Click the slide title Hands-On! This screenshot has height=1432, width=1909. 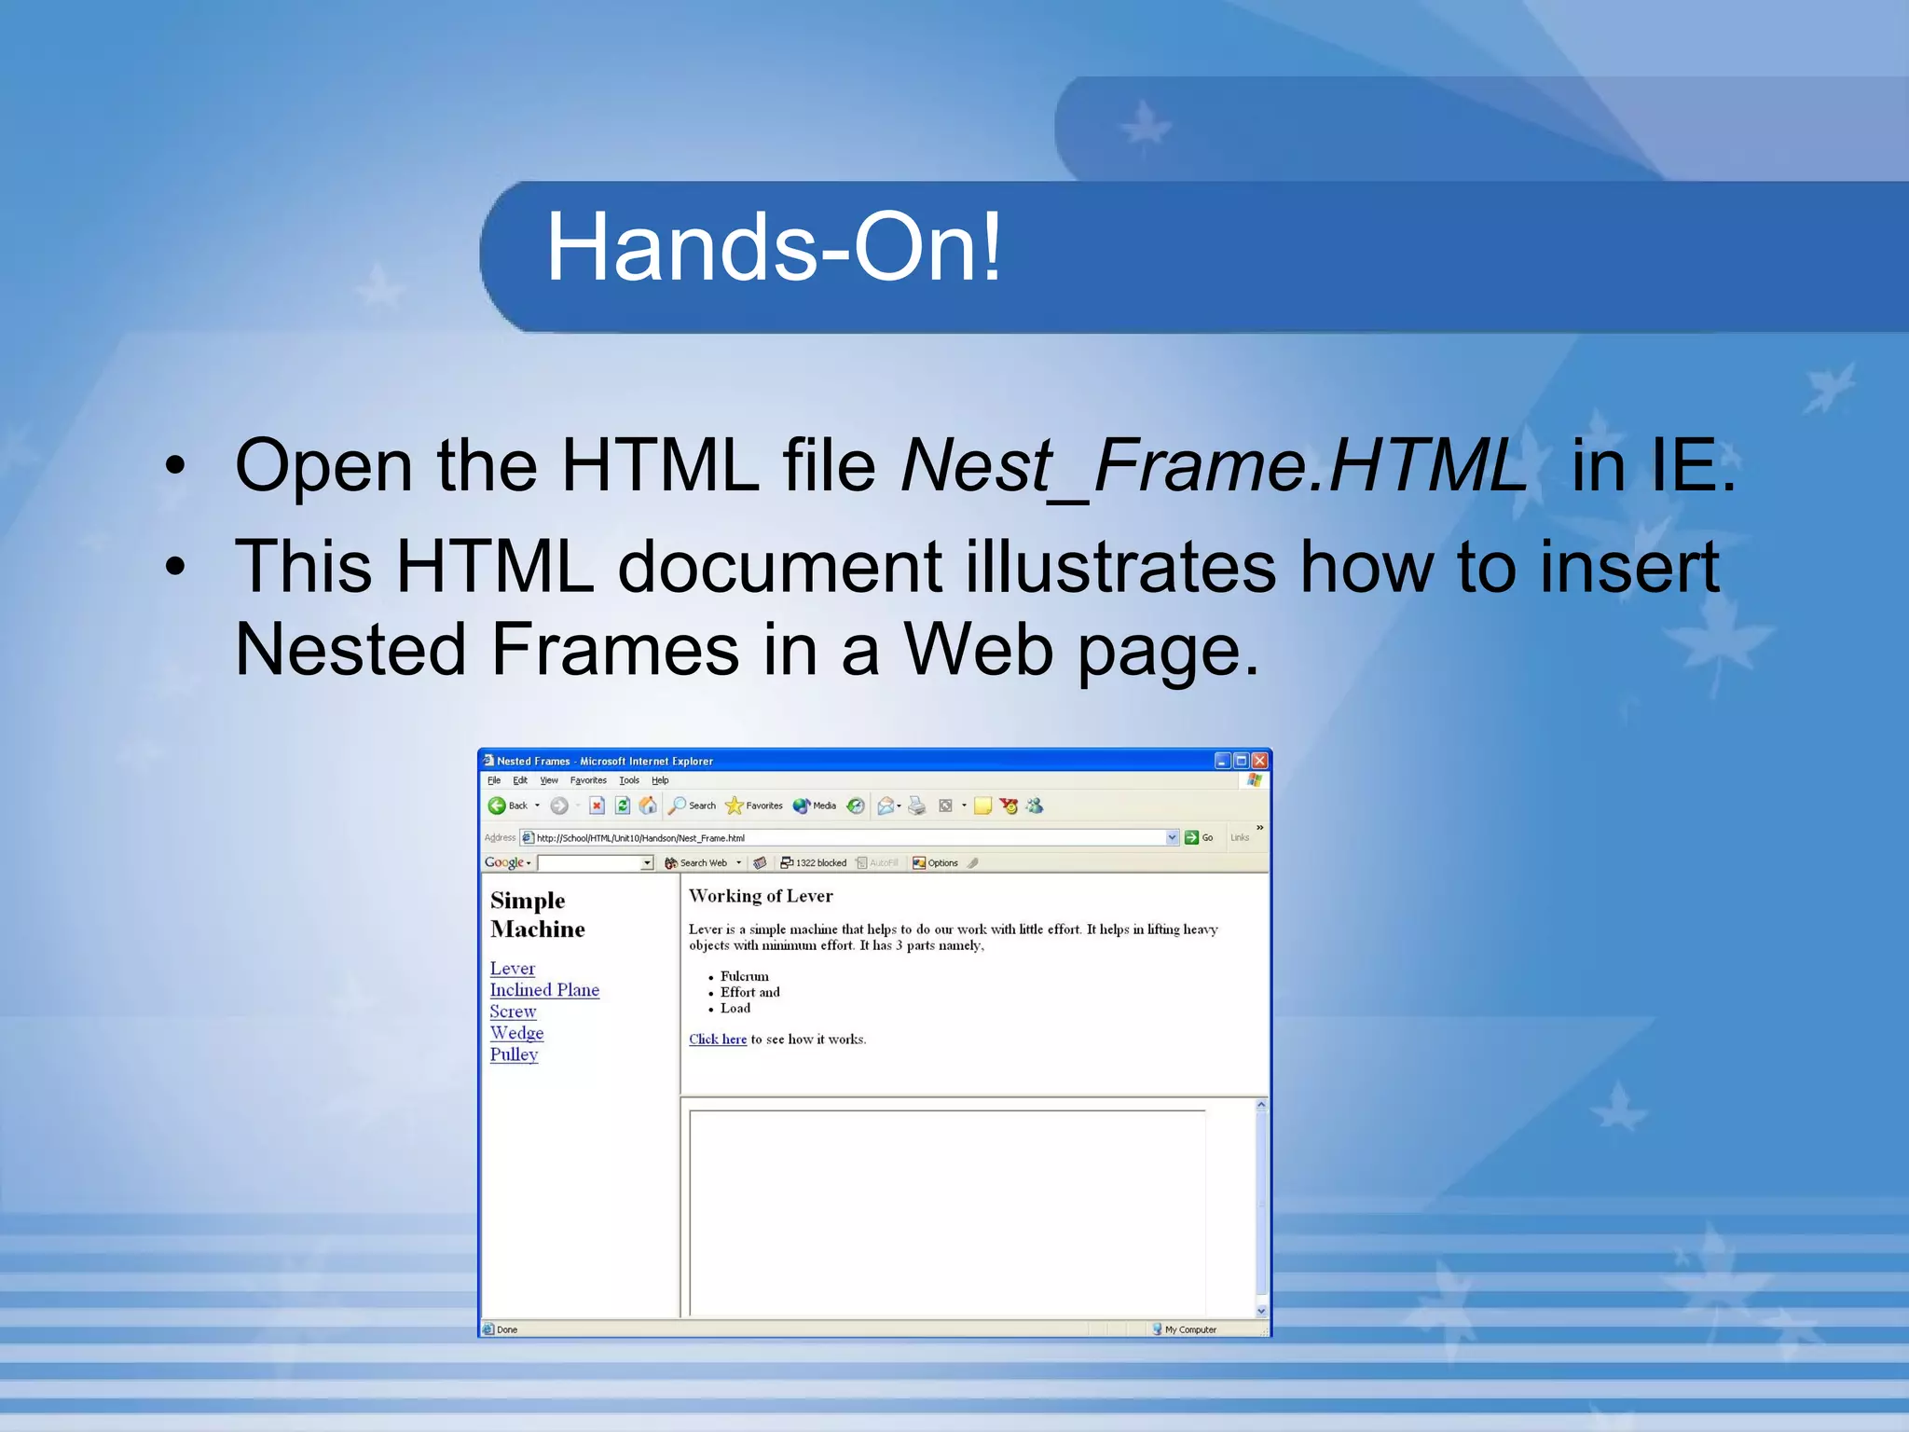coord(773,248)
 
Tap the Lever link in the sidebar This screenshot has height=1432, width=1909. coord(512,969)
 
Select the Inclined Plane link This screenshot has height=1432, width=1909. coord(544,990)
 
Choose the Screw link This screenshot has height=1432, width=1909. coord(513,1012)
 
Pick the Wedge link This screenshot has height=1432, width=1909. coord(516,1033)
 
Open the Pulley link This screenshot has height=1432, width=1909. coord(514,1054)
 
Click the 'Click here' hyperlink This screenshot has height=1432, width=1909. coord(717,1040)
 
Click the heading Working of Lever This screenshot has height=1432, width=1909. coord(761,896)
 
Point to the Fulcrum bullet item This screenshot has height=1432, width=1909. coord(744,976)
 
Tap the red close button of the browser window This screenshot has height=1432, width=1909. coord(1259,761)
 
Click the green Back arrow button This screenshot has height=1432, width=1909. coord(497,805)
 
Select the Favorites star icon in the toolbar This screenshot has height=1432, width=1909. coord(735,805)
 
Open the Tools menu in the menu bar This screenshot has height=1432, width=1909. coord(629,780)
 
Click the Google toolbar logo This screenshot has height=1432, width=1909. coord(504,863)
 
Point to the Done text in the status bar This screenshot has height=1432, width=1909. coord(507,1329)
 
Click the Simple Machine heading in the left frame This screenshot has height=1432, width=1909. coord(537,915)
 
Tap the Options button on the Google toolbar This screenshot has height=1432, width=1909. coord(935,863)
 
